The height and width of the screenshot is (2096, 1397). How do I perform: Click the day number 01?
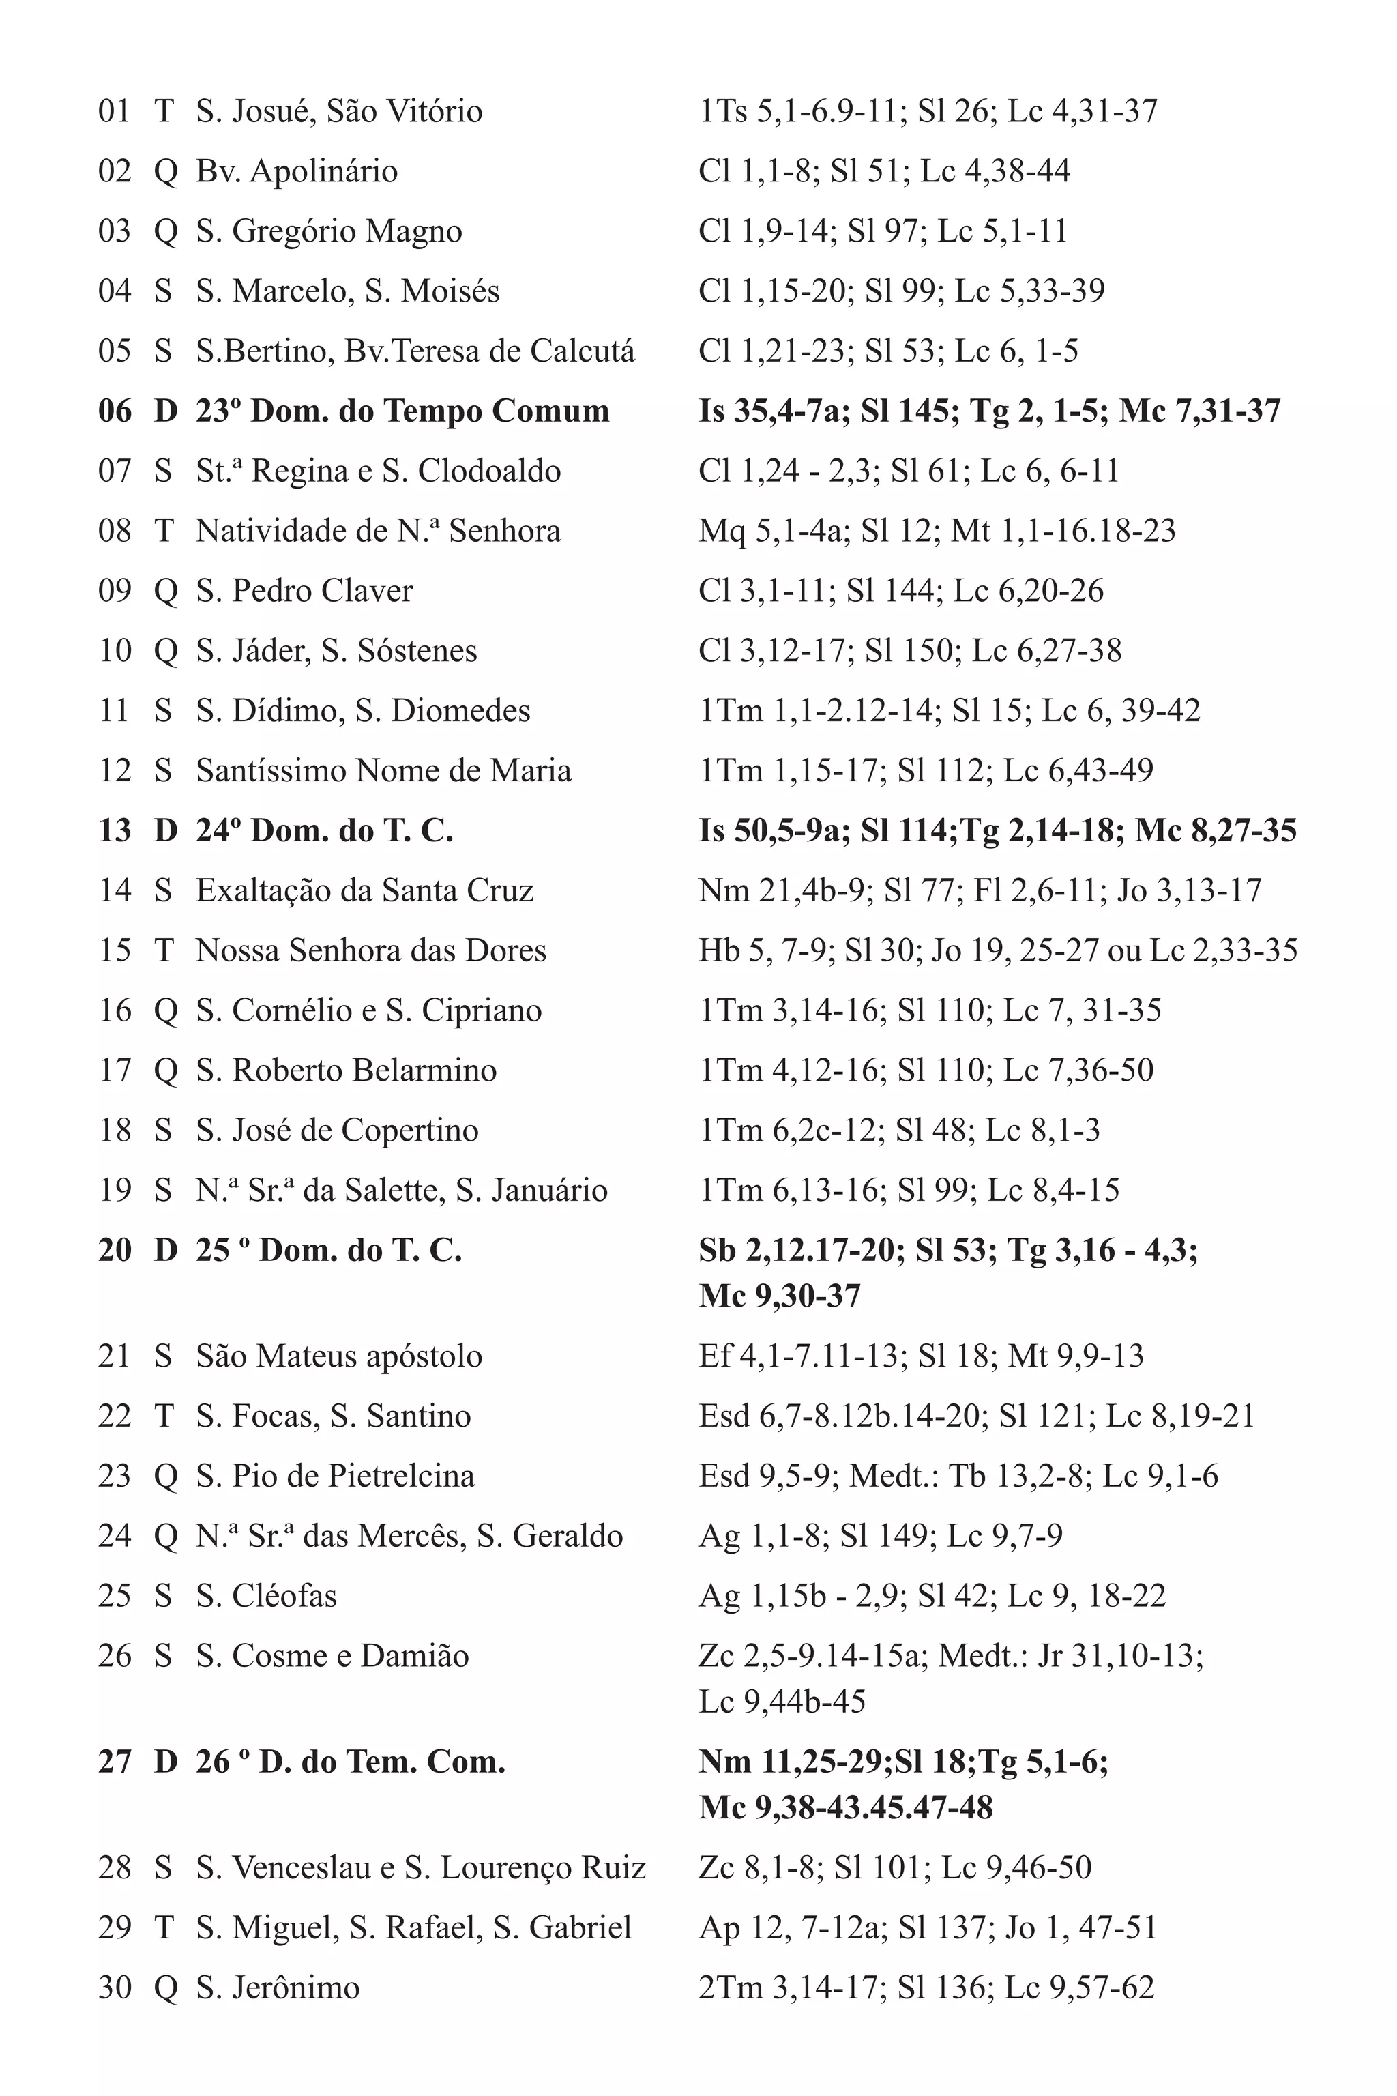click(x=114, y=111)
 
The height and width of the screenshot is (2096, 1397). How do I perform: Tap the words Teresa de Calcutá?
click(x=512, y=351)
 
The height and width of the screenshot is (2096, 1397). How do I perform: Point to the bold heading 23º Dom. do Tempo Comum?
click(x=402, y=411)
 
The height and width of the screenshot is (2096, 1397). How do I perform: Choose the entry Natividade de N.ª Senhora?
click(x=378, y=531)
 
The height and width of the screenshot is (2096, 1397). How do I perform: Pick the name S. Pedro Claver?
click(x=305, y=591)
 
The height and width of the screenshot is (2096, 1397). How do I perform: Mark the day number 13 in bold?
click(x=115, y=830)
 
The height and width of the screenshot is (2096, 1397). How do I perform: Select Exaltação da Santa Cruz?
click(x=364, y=890)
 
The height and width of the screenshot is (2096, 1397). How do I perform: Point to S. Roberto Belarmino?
click(x=346, y=1071)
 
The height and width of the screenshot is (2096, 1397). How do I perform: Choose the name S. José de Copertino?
click(x=337, y=1131)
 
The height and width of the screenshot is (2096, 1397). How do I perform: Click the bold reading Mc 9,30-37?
click(x=780, y=1296)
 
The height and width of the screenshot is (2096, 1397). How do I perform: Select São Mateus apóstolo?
click(x=338, y=1356)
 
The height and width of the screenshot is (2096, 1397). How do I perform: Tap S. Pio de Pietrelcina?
click(x=335, y=1476)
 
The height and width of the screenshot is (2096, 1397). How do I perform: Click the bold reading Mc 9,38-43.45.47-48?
click(x=846, y=1808)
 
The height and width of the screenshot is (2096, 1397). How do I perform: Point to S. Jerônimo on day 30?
click(x=278, y=1988)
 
